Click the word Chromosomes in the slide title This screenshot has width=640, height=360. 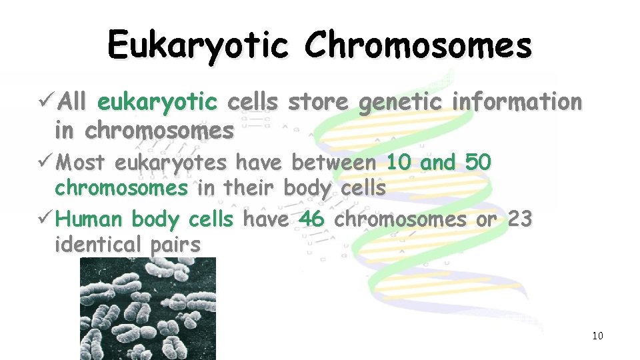click(418, 45)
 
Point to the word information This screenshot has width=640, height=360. click(517, 102)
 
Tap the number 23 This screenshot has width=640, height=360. click(519, 219)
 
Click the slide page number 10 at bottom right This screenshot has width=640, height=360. click(597, 335)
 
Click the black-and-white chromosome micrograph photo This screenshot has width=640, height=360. click(148, 308)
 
